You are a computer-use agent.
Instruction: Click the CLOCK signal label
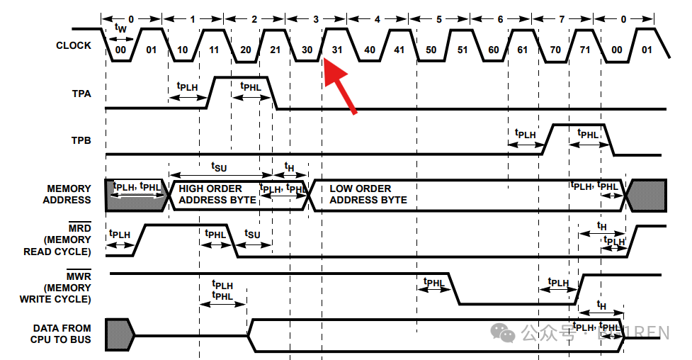pos(73,45)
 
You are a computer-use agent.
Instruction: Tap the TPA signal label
pos(81,93)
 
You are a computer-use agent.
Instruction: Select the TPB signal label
pos(81,140)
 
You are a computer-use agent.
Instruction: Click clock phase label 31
pos(338,50)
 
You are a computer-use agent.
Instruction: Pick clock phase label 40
pos(369,50)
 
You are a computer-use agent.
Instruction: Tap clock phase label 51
pos(462,50)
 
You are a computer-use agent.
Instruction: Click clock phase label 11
pos(215,50)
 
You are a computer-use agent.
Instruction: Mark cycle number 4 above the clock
pos(378,19)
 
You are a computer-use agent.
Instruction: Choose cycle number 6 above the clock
pos(500,19)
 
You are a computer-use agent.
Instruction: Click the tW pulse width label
pos(121,27)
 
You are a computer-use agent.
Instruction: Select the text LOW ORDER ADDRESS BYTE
pos(368,194)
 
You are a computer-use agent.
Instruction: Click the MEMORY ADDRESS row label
pos(69,194)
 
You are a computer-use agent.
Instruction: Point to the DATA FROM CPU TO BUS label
pos(62,334)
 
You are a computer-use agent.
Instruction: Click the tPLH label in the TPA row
pos(187,86)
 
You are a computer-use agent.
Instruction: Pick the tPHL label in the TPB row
pos(588,133)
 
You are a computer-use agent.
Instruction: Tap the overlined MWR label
pos(79,276)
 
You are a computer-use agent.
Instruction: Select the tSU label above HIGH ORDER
pos(220,166)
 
